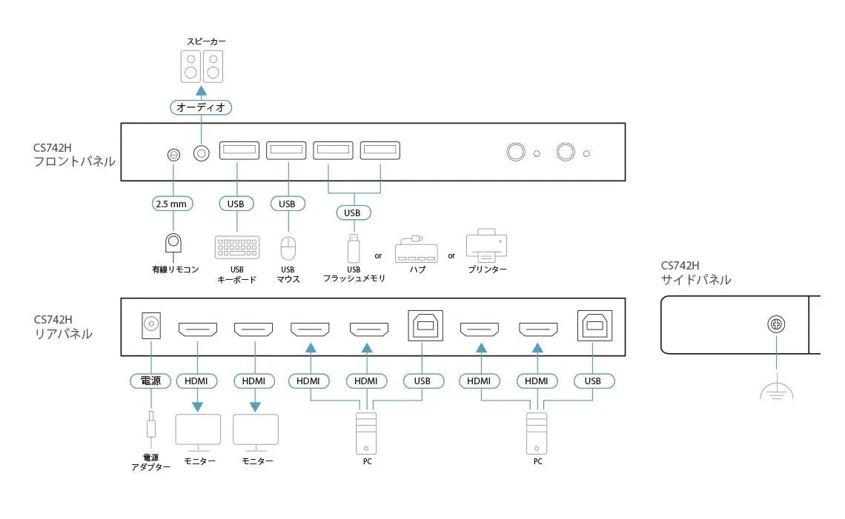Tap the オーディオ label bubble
click(201, 107)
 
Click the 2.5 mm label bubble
click(173, 204)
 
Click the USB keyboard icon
click(237, 247)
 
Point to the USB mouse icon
click(288, 247)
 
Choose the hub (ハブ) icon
click(417, 249)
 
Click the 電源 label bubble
click(150, 381)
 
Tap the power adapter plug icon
click(150, 428)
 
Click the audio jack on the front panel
click(201, 153)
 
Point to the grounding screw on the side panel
click(776, 325)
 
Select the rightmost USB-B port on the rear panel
click(593, 325)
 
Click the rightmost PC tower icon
click(537, 433)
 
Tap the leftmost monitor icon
click(198, 432)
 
